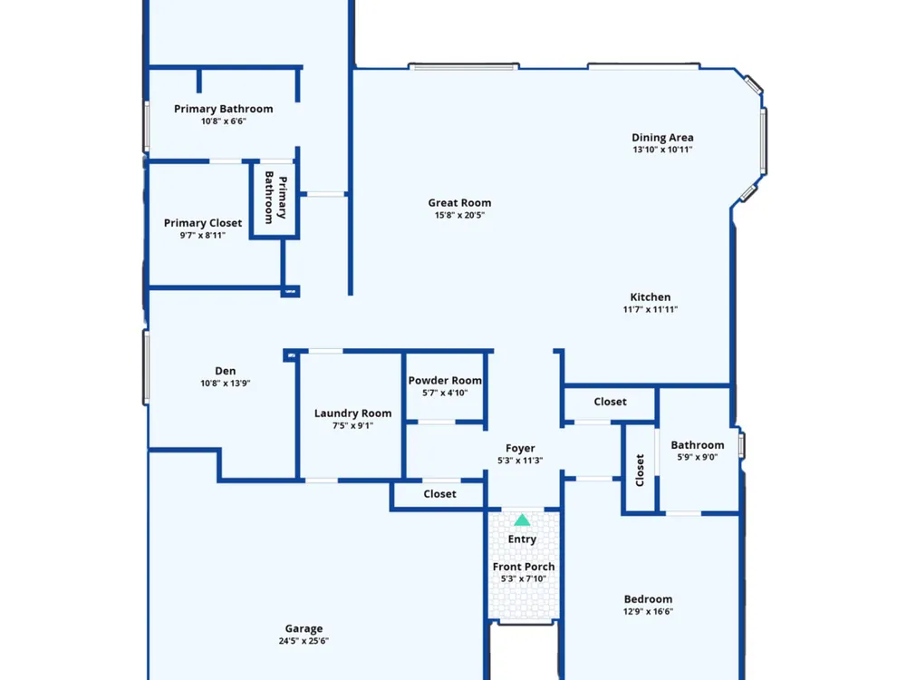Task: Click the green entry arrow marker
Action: [522, 520]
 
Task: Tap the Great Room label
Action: [459, 203]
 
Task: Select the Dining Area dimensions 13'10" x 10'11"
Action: [662, 150]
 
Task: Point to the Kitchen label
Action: [650, 297]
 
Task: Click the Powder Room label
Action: [445, 381]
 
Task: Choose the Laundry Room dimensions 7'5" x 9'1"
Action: [352, 425]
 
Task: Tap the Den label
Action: [226, 371]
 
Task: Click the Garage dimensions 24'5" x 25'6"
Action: [304, 641]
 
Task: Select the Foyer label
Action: [520, 448]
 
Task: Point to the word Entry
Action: [522, 539]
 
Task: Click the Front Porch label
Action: [524, 567]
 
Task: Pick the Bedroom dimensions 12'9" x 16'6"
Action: [648, 612]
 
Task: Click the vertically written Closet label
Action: [640, 470]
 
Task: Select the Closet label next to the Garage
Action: [439, 494]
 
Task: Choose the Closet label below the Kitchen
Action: [610, 402]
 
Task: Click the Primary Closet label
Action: [203, 223]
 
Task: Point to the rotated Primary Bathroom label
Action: [275, 197]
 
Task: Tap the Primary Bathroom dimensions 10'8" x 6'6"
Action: [224, 121]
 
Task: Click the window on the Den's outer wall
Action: [146, 367]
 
